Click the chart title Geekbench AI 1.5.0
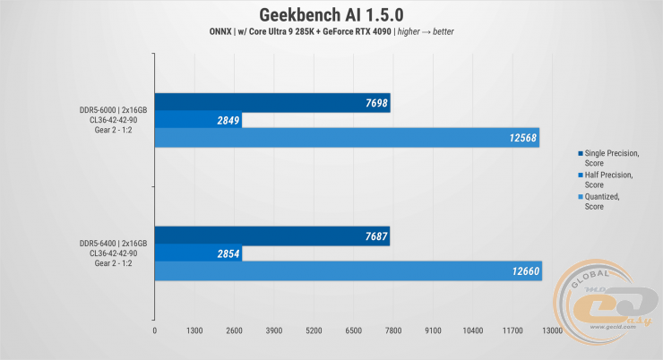point(331,15)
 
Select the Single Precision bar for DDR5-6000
point(272,103)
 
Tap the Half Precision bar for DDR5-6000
point(198,120)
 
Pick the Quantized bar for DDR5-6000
point(347,137)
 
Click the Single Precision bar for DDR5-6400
point(272,236)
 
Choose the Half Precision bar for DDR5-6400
point(198,253)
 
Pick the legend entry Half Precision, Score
point(611,179)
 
